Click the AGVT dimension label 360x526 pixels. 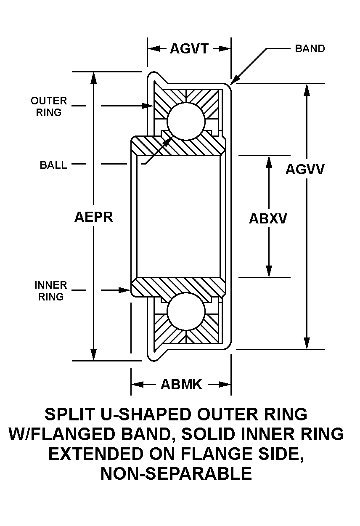189,49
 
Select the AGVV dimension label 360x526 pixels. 305,169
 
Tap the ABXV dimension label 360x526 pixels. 268,219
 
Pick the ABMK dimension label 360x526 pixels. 181,384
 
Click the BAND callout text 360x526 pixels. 310,48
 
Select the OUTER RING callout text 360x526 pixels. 49,106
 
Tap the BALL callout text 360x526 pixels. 53,165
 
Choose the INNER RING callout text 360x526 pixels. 51,291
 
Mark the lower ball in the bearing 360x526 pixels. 186,313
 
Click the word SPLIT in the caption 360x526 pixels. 68,414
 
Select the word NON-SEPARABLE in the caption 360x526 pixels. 176,473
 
